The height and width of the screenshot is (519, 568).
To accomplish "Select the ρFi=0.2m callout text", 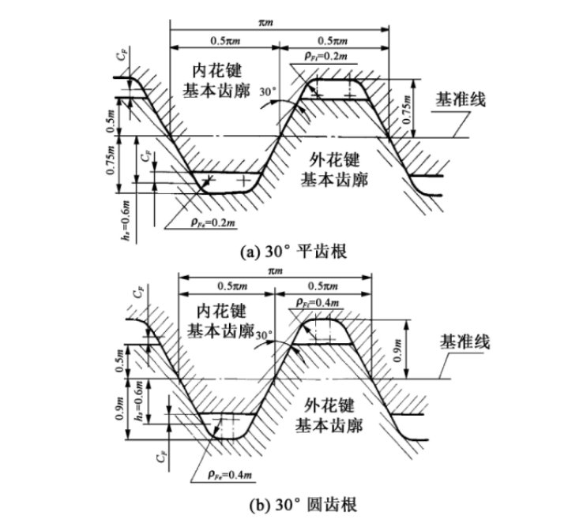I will click(325, 55).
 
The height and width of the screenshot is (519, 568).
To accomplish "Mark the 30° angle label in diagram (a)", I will click(269, 91).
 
